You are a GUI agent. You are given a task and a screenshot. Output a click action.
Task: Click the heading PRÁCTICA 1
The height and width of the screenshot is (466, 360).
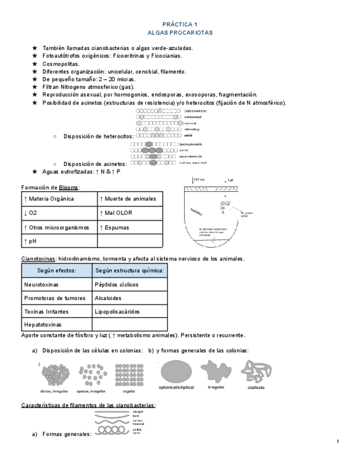pyautogui.click(x=180, y=25)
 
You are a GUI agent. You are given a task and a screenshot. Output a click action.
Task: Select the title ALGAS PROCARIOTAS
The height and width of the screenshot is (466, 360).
pyautogui.click(x=180, y=33)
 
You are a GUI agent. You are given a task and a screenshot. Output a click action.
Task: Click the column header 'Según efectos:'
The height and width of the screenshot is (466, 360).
pyautogui.click(x=57, y=271)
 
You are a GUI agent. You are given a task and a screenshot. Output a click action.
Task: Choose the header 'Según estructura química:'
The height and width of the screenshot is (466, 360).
pyautogui.click(x=130, y=271)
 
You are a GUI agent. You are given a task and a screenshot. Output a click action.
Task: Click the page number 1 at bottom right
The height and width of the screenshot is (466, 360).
pyautogui.click(x=337, y=442)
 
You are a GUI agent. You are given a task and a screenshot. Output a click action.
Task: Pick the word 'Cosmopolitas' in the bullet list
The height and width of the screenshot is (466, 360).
pyautogui.click(x=60, y=64)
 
